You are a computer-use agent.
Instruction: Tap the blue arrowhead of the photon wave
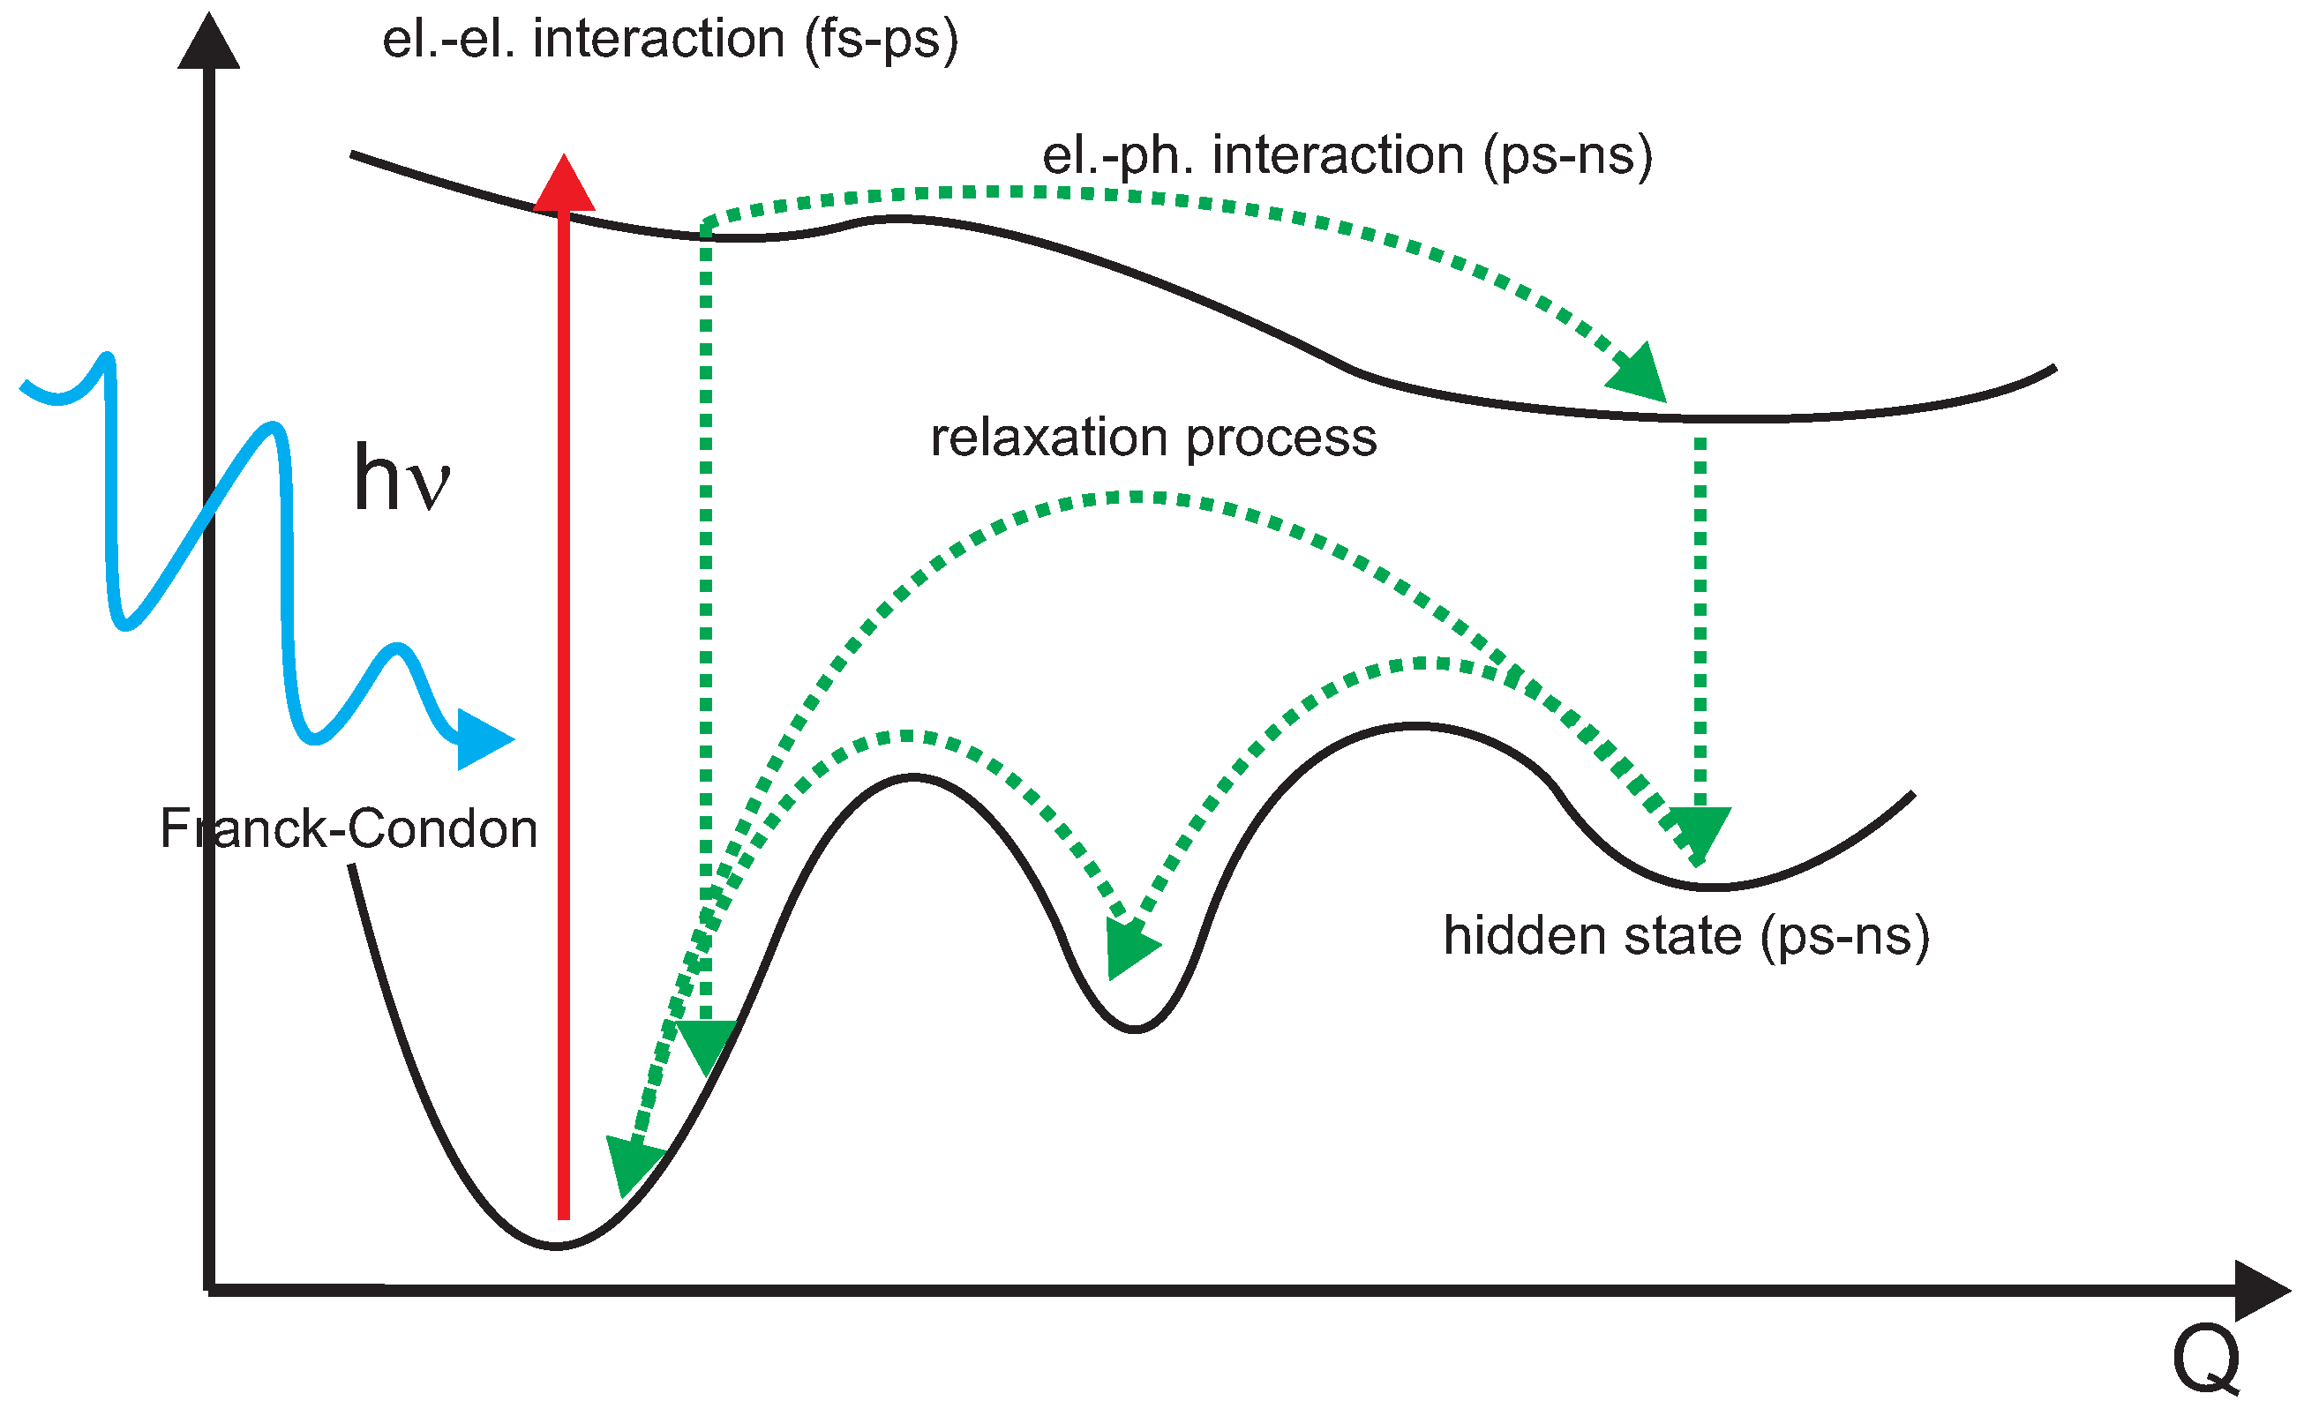point(482,740)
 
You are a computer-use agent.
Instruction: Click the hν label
point(402,479)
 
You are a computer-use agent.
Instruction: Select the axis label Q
point(2207,1360)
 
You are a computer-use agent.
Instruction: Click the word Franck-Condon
point(349,828)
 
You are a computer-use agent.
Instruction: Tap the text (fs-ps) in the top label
point(882,41)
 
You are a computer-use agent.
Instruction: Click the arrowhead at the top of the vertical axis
point(209,42)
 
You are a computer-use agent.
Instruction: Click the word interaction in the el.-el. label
point(658,41)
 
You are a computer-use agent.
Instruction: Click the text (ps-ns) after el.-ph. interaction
point(1568,155)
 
